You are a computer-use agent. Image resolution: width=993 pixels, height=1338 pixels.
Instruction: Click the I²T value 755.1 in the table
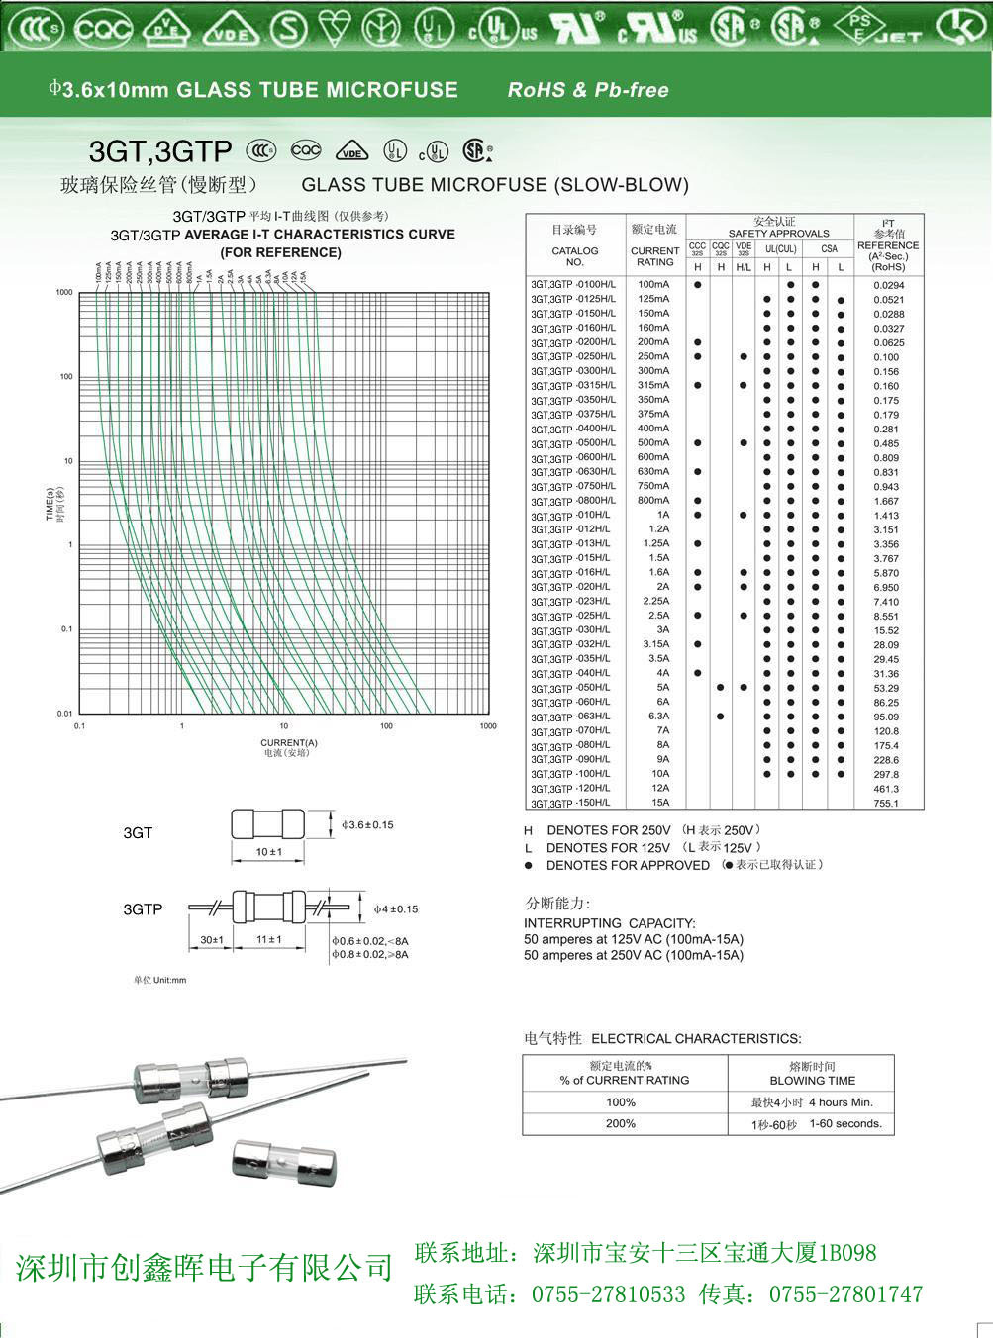886,804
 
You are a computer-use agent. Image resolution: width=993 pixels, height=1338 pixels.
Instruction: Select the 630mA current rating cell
653,472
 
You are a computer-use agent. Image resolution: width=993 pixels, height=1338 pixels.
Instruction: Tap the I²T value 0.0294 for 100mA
888,285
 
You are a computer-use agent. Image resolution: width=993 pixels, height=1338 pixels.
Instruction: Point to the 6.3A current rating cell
658,717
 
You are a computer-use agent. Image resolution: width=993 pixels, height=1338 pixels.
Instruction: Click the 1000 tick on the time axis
64,293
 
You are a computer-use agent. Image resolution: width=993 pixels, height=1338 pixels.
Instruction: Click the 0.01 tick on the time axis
64,714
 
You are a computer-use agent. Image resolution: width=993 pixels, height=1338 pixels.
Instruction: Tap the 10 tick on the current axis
284,726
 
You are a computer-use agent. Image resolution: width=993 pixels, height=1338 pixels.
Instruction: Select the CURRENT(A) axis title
289,742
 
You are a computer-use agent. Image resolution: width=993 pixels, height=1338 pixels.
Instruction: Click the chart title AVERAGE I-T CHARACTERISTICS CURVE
320,235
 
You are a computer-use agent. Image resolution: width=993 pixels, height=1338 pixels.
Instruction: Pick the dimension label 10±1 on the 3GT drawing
268,852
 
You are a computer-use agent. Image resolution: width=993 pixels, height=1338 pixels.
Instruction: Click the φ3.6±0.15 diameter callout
367,824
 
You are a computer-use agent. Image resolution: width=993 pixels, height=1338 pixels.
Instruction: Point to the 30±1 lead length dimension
212,939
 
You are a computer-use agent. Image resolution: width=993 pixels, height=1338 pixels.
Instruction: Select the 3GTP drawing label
143,908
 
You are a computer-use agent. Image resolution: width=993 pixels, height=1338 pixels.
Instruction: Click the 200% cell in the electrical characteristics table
621,1123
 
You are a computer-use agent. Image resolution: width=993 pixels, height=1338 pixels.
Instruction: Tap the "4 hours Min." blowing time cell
841,1102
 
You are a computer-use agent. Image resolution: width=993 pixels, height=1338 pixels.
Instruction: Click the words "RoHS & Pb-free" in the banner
588,90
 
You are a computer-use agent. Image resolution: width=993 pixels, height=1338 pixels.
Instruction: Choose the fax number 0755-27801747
845,1293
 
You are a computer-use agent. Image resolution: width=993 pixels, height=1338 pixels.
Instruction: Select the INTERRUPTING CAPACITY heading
609,922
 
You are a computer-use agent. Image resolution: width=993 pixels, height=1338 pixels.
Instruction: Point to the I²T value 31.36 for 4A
886,674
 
